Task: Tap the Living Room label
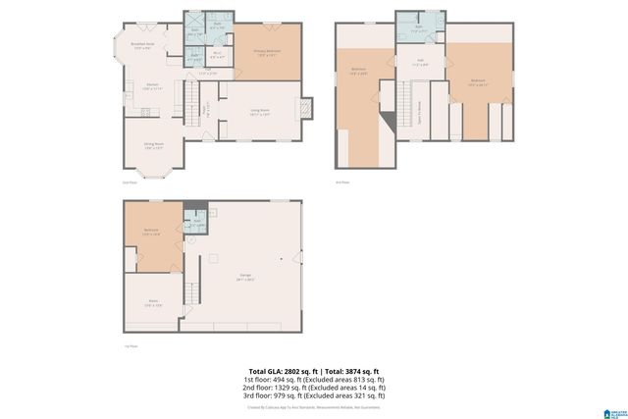(260, 112)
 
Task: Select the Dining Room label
(152, 145)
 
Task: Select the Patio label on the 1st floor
(152, 304)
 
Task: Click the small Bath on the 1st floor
(196, 222)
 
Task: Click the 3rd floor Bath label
(418, 28)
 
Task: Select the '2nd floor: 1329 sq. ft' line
(314, 386)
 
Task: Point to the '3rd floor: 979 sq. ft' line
(314, 393)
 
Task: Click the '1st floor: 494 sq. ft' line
(314, 378)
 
